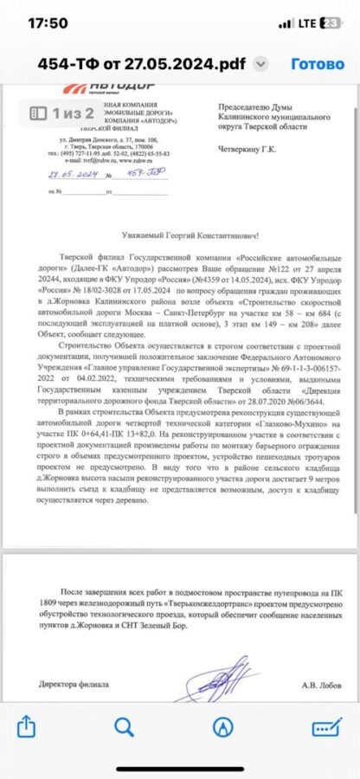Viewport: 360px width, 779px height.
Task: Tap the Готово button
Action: coord(317,64)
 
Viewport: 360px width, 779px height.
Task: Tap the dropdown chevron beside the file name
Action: coord(262,65)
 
